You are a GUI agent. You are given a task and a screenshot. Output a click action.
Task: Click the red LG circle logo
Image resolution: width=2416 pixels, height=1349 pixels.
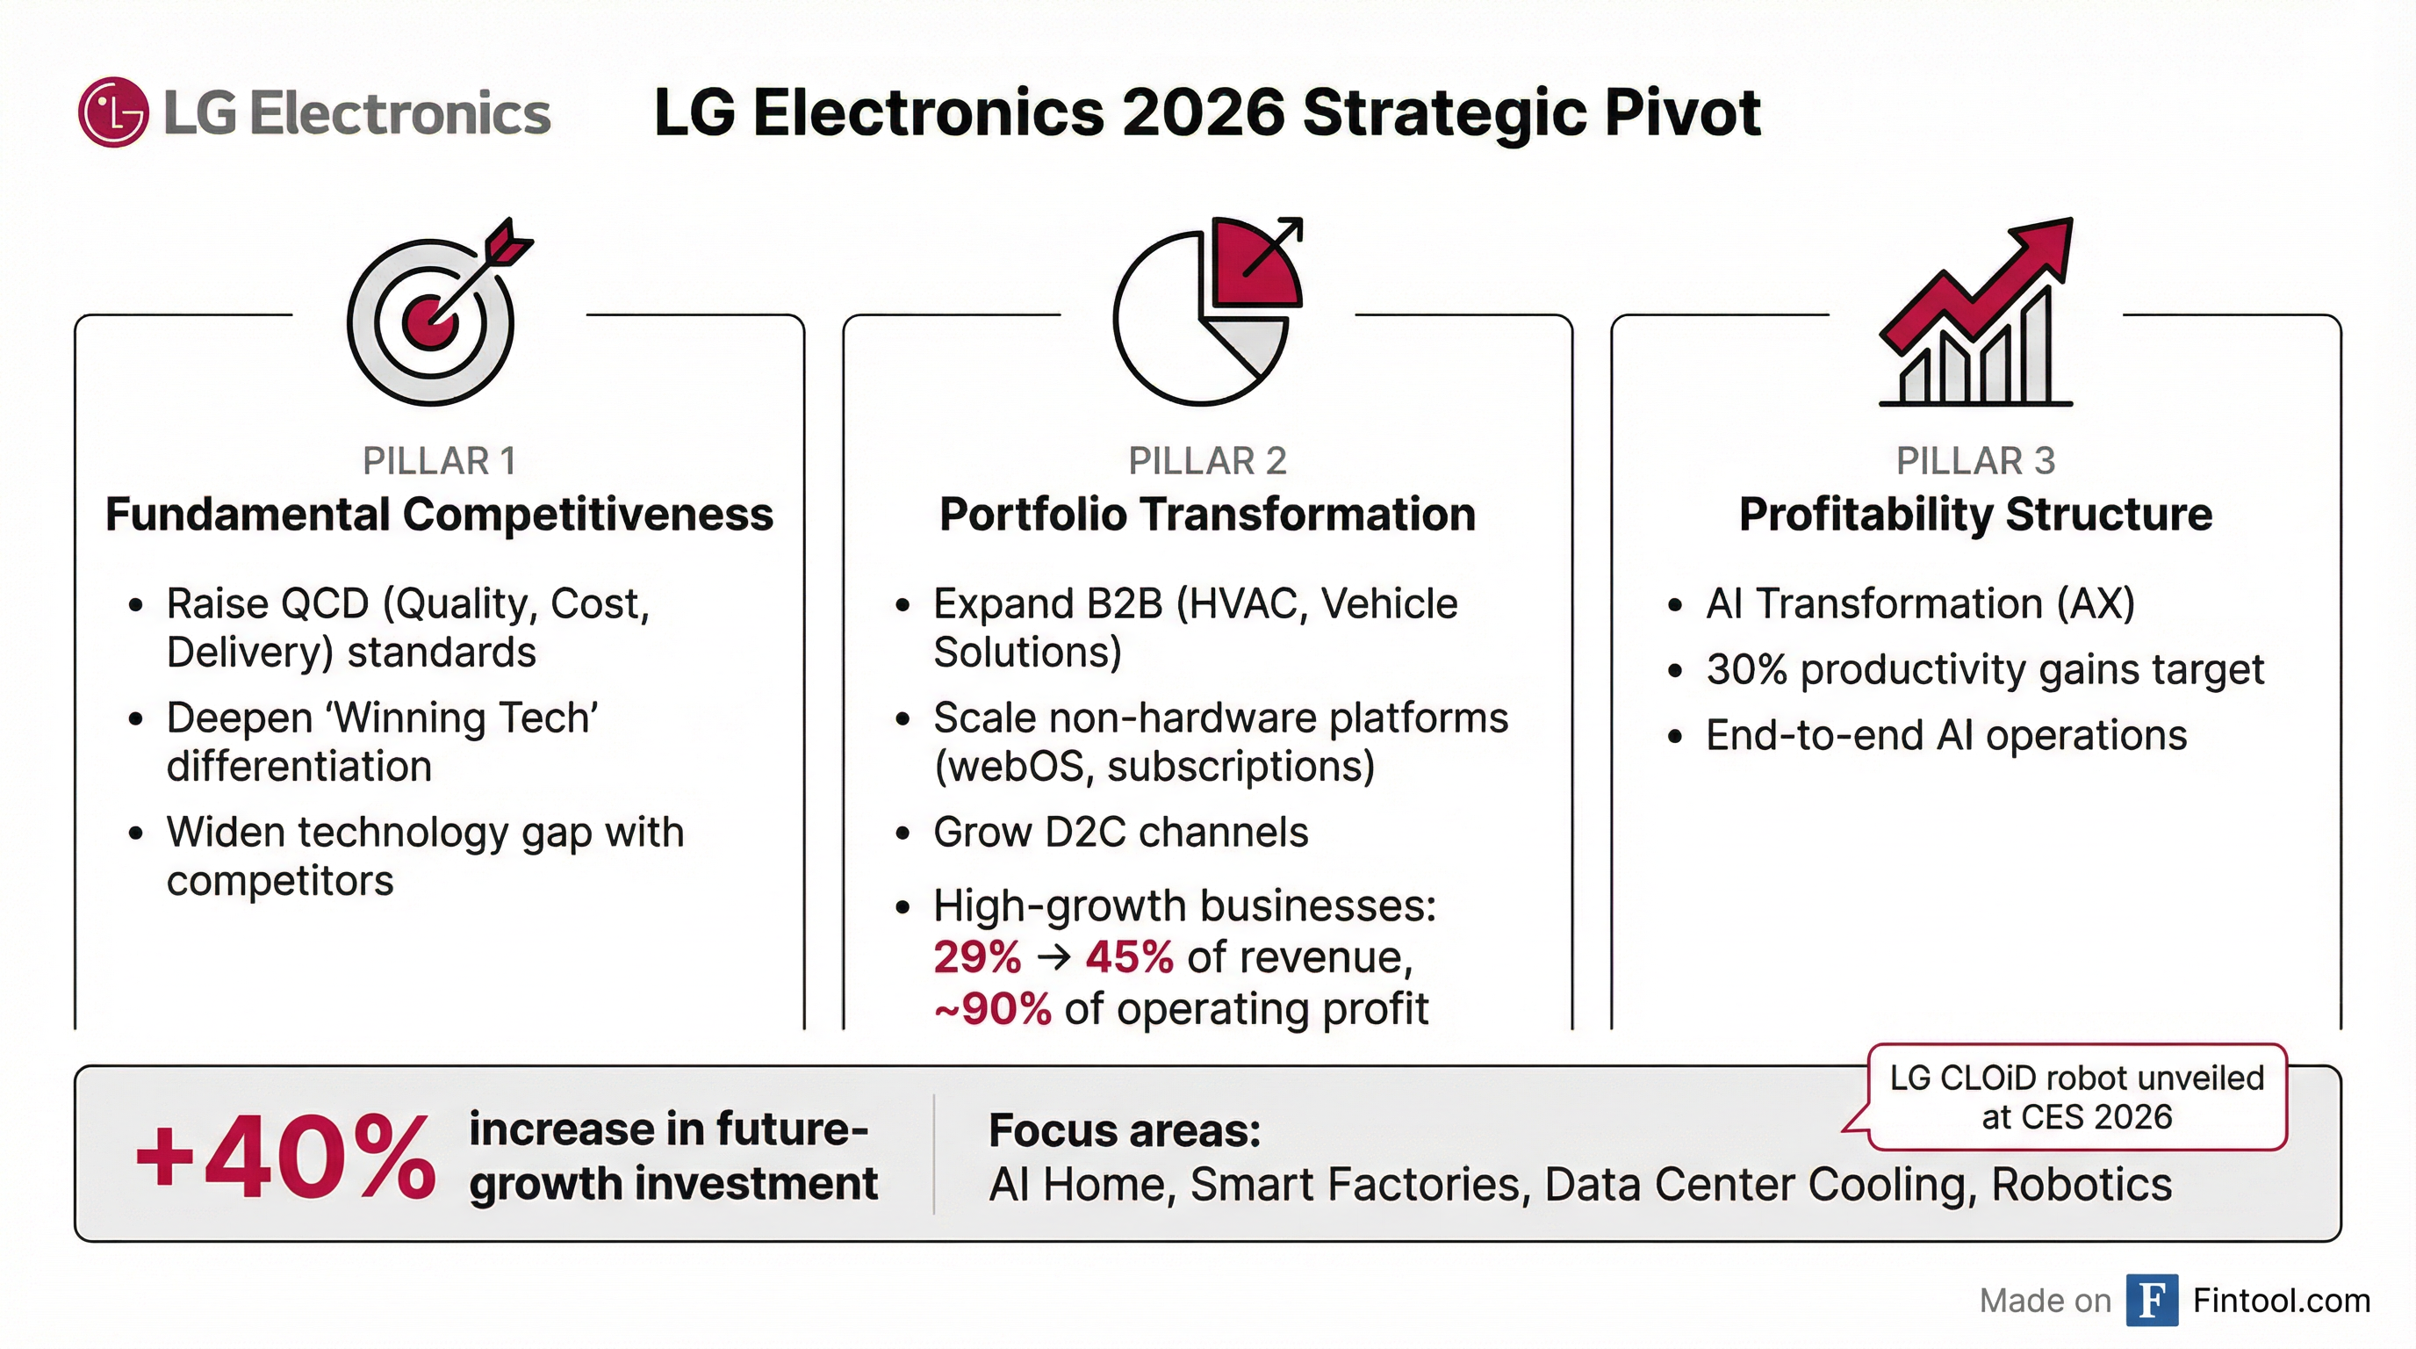pyautogui.click(x=113, y=112)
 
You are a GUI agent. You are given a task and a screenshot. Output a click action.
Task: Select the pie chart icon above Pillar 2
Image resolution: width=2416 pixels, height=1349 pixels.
pyautogui.click(x=1205, y=314)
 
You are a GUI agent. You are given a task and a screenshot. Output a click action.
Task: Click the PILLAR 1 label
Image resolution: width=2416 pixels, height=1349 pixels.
pyautogui.click(x=439, y=460)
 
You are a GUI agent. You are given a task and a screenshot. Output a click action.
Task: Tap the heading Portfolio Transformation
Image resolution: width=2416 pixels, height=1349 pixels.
pyautogui.click(x=1207, y=514)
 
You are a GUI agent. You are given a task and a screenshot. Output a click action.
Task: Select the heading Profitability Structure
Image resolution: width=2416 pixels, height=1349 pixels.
pyautogui.click(x=1975, y=514)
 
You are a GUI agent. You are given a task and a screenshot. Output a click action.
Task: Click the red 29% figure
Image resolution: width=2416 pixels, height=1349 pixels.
pyautogui.click(x=976, y=958)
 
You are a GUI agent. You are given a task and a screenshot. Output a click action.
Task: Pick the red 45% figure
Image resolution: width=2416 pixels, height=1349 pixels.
pyautogui.click(x=1129, y=958)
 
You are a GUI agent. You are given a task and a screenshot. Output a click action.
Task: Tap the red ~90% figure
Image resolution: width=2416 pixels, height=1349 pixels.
pyautogui.click(x=992, y=1009)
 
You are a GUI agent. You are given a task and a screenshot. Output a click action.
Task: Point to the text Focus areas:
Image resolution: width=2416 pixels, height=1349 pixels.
pyautogui.click(x=1125, y=1130)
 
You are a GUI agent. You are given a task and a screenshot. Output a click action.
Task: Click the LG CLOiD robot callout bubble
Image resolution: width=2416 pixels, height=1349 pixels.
pyautogui.click(x=2076, y=1097)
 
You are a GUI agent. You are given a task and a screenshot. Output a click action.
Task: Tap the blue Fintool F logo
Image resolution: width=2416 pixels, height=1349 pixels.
pyautogui.click(x=2152, y=1300)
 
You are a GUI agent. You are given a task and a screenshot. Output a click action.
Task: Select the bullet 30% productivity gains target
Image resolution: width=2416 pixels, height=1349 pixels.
pyautogui.click(x=1985, y=670)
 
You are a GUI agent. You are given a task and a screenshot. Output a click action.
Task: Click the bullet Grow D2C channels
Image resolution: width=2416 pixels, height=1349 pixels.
pyautogui.click(x=1120, y=832)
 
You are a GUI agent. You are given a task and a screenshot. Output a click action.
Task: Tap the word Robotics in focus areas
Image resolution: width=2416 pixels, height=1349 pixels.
pyautogui.click(x=2082, y=1185)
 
